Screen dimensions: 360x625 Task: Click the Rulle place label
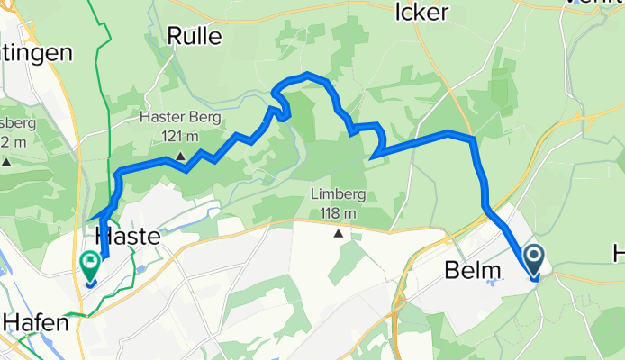[x=195, y=35]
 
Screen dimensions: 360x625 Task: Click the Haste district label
[x=127, y=236]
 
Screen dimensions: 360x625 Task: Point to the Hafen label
[x=36, y=321]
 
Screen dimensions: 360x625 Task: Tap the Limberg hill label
[x=339, y=195]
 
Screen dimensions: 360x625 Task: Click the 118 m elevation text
[x=339, y=213]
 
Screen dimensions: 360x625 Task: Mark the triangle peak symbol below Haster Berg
[x=180, y=157]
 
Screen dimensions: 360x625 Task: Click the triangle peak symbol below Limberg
[x=339, y=234]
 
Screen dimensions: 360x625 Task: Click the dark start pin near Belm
[x=533, y=261]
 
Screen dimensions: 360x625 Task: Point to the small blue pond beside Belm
[x=493, y=283]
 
